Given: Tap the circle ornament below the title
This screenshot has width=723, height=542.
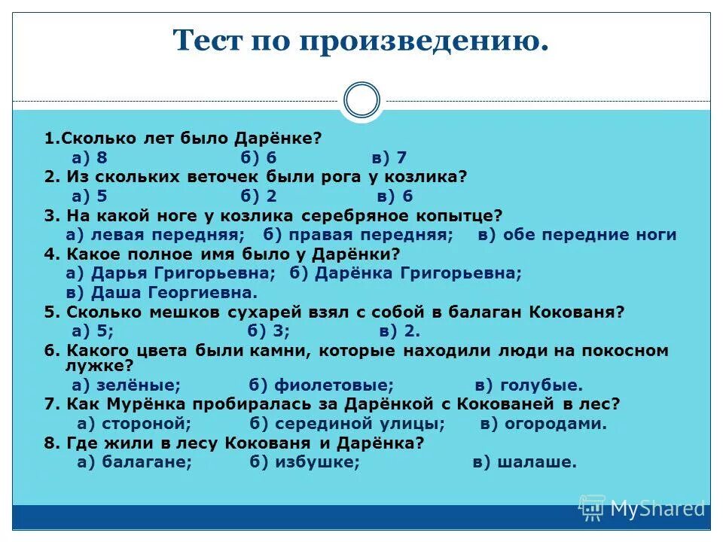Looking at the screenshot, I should click(361, 101).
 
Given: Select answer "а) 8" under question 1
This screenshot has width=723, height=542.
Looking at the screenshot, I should click(90, 157).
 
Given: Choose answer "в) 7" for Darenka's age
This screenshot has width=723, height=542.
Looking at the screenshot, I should click(389, 157).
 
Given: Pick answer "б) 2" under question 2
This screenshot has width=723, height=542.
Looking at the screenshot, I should click(260, 196).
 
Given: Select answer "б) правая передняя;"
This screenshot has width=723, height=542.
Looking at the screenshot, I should click(358, 235).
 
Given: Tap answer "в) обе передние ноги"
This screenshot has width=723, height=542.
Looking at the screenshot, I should click(577, 235).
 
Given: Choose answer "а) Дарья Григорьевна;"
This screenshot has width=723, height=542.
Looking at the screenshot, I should click(171, 273).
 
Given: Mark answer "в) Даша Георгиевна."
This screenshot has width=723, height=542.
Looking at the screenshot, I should click(162, 293).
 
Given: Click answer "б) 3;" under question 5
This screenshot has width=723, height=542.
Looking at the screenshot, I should click(269, 331).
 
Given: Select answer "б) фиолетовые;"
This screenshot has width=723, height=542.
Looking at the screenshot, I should click(322, 385).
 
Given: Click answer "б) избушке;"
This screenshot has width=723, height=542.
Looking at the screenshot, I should click(305, 462).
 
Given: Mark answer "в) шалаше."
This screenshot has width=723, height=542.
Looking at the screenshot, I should click(524, 462).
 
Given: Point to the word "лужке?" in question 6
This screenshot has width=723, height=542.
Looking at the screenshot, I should click(99, 366).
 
